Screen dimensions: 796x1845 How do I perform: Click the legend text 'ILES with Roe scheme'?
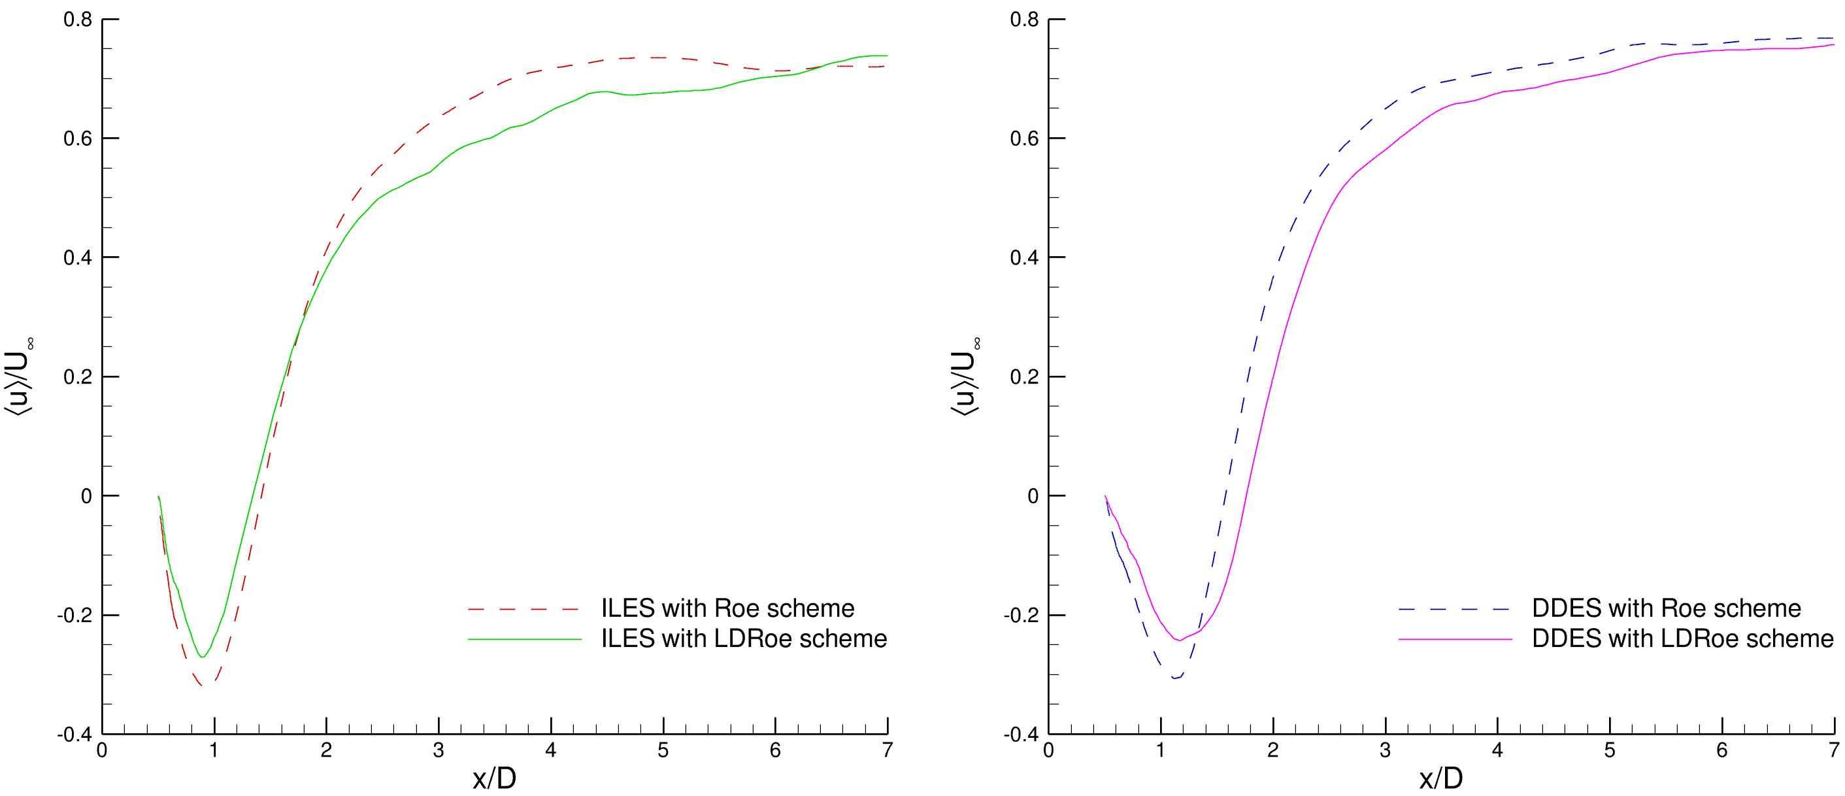[x=727, y=608]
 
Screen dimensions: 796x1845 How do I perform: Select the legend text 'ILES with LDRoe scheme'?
[x=744, y=638]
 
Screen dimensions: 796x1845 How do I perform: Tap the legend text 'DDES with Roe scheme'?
[x=1666, y=608]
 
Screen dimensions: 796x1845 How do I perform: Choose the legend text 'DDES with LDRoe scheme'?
[x=1682, y=638]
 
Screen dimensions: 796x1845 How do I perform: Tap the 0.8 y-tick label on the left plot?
[x=78, y=20]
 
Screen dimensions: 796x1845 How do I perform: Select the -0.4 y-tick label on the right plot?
[x=1021, y=735]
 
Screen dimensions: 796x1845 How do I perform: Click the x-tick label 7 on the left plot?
[x=888, y=750]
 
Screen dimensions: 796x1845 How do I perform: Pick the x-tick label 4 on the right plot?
[x=1497, y=750]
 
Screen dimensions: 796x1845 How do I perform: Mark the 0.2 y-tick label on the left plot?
[x=78, y=377]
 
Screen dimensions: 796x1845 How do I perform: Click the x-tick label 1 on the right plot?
[x=1160, y=750]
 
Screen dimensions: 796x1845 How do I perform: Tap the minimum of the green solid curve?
[x=203, y=656]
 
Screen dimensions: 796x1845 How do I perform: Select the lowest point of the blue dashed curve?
[x=1174, y=678]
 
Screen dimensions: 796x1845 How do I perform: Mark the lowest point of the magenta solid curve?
[x=1179, y=640]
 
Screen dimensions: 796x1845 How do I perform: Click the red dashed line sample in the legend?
[x=524, y=609]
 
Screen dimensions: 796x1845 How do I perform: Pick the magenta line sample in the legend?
[x=1455, y=639]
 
